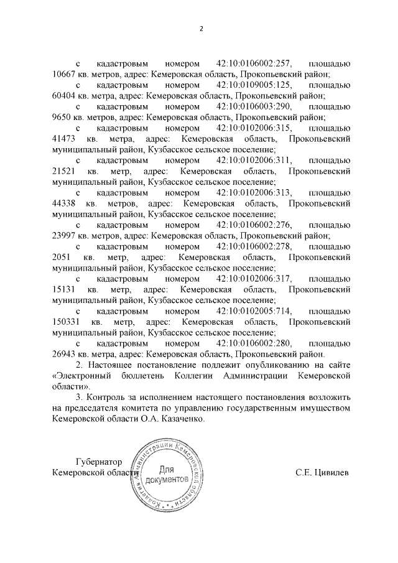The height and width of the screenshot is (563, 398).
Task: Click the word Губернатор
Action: [98, 461]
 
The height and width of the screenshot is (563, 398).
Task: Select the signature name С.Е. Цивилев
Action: [322, 472]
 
